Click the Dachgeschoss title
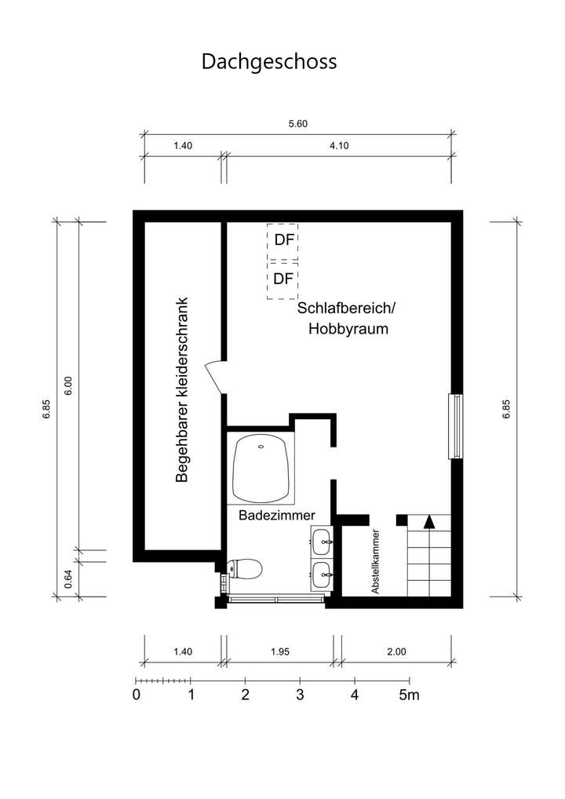pos(269,61)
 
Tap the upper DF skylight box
pos(282,241)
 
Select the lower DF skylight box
pos(282,279)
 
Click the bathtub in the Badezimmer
pos(261,468)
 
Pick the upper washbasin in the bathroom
pos(322,539)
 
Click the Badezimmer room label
pos(277,515)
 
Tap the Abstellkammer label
pos(377,559)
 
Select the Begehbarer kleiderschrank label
pos(182,390)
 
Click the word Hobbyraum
pos(348,330)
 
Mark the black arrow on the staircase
pos(428,520)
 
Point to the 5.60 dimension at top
pos(298,124)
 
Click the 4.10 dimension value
pos(339,146)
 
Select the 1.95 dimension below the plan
pos(279,651)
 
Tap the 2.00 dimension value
pos(396,651)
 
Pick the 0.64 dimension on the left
pos(68,577)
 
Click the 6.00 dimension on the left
pos(68,386)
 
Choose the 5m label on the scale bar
pos(409,695)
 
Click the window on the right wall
pos(454,426)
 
